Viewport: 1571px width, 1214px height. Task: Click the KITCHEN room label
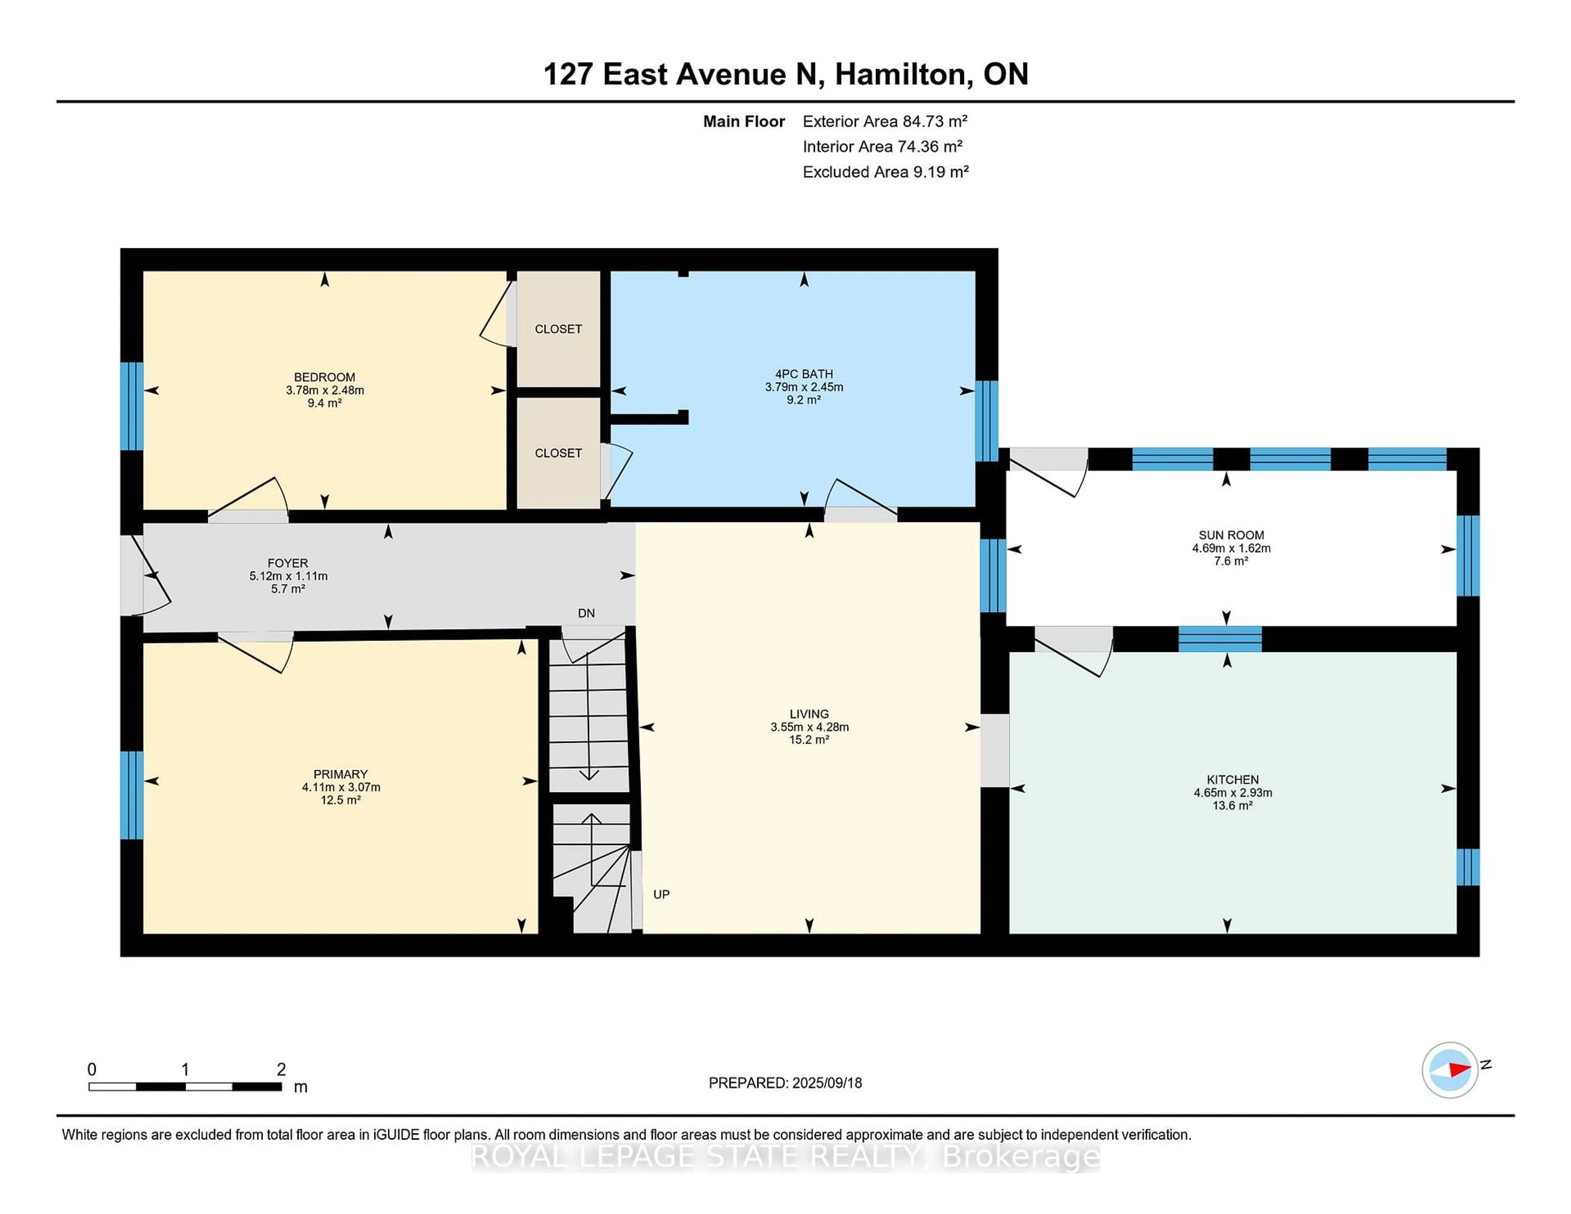click(x=1232, y=780)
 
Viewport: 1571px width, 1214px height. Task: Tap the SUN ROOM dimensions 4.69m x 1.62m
click(x=1231, y=548)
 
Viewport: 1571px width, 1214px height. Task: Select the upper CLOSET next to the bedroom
click(x=558, y=329)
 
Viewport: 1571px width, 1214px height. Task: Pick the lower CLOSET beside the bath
click(x=558, y=453)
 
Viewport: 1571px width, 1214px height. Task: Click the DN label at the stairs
click(x=586, y=614)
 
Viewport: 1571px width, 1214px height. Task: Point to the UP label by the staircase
click(x=661, y=895)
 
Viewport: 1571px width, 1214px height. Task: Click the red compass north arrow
click(x=1459, y=1070)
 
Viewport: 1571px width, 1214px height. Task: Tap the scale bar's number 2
click(x=281, y=1070)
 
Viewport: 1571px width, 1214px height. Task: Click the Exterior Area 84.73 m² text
click(x=885, y=121)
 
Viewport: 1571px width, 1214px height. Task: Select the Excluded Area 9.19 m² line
click(x=885, y=172)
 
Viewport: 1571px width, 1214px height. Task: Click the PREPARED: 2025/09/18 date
click(x=785, y=1083)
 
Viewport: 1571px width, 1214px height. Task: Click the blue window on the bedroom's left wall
click(x=132, y=406)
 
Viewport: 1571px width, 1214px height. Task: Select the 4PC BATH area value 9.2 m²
click(x=804, y=400)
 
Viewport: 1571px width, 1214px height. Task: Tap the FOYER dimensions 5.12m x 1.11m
click(x=288, y=576)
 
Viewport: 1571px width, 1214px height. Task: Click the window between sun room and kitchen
click(x=1220, y=638)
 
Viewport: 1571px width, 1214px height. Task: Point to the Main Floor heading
click(x=744, y=121)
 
